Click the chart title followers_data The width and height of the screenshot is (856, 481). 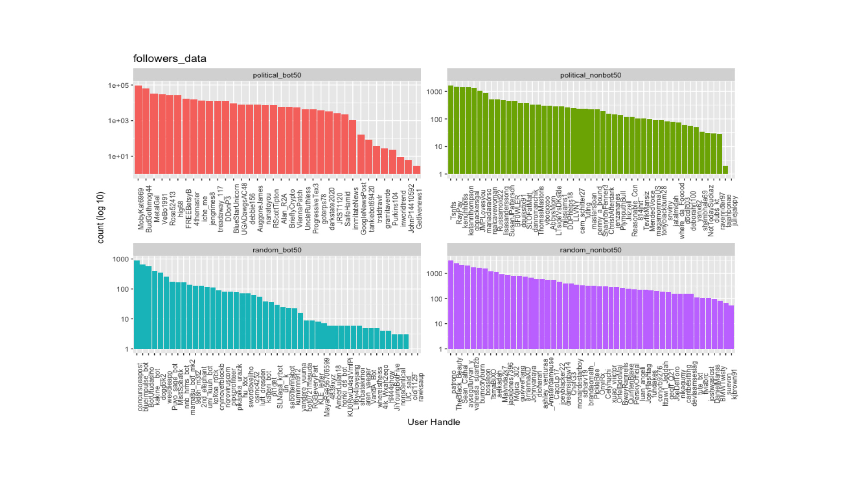pyautogui.click(x=169, y=58)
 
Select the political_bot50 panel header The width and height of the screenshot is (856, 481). pyautogui.click(x=277, y=75)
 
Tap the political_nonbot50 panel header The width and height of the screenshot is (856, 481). pyautogui.click(x=590, y=75)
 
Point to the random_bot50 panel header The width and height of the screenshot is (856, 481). pyautogui.click(x=277, y=250)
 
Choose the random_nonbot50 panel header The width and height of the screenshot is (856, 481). pyautogui.click(x=590, y=250)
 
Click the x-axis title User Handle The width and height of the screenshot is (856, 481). pyautogui.click(x=433, y=422)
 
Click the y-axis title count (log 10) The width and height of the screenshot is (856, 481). pyautogui.click(x=101, y=217)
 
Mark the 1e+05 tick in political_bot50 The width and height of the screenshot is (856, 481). pyautogui.click(x=118, y=86)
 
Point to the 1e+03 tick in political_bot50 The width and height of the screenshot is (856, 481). pyautogui.click(x=118, y=121)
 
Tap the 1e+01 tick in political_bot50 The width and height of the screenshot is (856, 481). pyautogui.click(x=118, y=156)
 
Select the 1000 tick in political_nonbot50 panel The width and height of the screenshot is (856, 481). pyautogui.click(x=434, y=92)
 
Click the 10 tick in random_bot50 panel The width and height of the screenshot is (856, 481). pyautogui.click(x=125, y=319)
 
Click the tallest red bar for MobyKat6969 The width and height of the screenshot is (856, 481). pyautogui.click(x=138, y=129)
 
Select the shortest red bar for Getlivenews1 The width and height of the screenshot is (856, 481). pyautogui.click(x=417, y=170)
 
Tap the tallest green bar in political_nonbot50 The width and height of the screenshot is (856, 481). pyautogui.click(x=451, y=129)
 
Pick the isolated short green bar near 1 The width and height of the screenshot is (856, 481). pyautogui.click(x=725, y=170)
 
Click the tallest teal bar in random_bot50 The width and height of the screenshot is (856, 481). pyautogui.click(x=137, y=305)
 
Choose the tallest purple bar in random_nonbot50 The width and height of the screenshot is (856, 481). pyautogui.click(x=451, y=305)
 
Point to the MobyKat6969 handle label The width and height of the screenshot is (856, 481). pyautogui.click(x=141, y=209)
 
